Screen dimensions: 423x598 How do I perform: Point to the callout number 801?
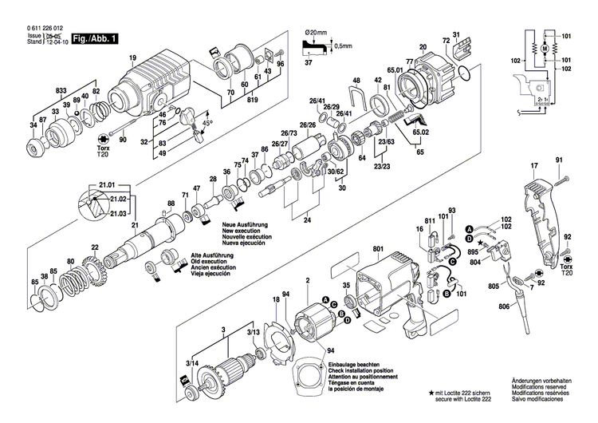[378, 250]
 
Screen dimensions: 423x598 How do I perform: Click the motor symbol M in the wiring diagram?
[543, 49]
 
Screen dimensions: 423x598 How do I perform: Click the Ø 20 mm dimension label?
[317, 31]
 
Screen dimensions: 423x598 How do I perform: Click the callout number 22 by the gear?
[95, 247]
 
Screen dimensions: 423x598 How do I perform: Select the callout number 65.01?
[395, 71]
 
